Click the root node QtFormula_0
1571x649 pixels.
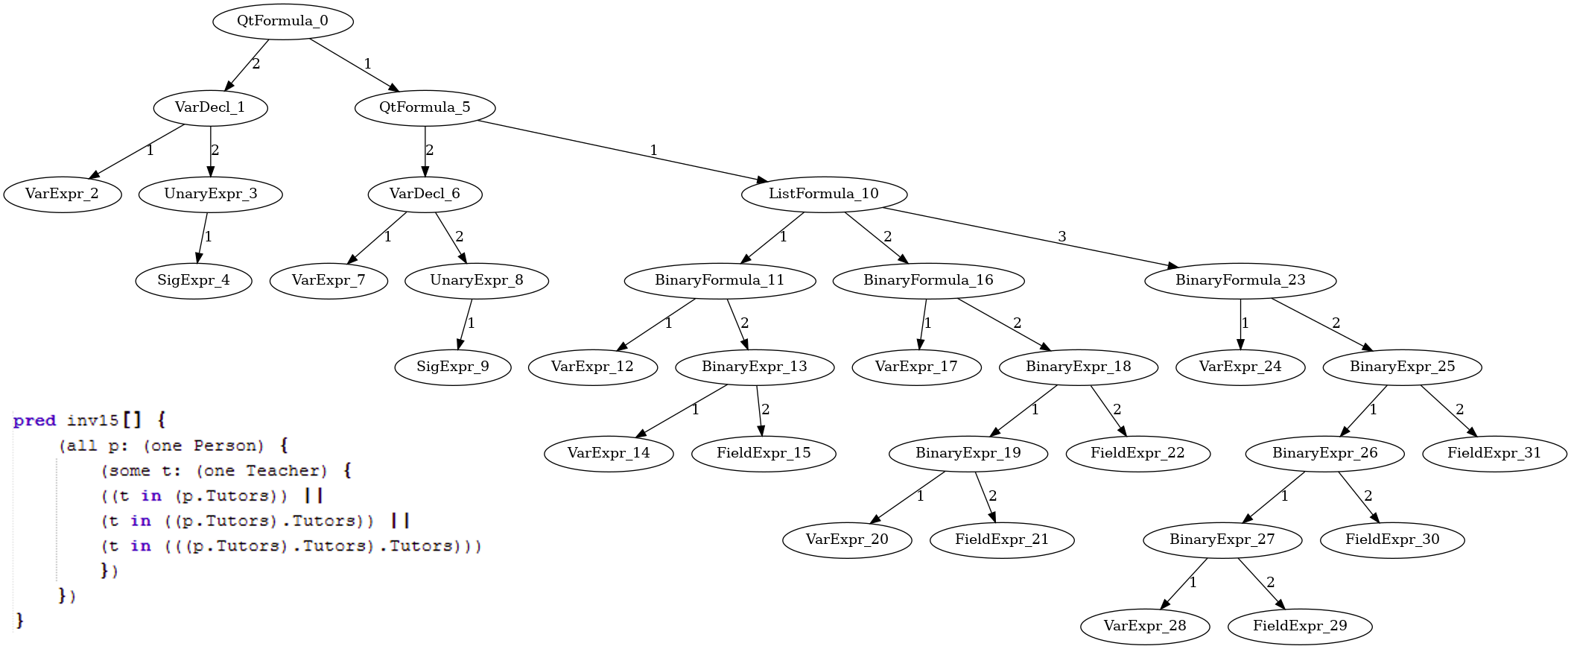pyautogui.click(x=282, y=21)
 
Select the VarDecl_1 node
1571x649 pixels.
pyautogui.click(x=210, y=107)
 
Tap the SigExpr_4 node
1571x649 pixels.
pyautogui.click(x=194, y=280)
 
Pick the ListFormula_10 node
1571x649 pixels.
pyautogui.click(x=824, y=194)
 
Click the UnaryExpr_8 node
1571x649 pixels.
pyautogui.click(x=477, y=280)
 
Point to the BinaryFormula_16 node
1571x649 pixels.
pyautogui.click(x=928, y=280)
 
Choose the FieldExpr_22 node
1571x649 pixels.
pyautogui.click(x=1137, y=453)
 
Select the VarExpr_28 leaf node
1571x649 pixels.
pyautogui.click(x=1145, y=626)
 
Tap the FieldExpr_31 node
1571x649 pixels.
pyautogui.click(x=1494, y=453)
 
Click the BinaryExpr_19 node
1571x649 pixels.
pyautogui.click(x=968, y=453)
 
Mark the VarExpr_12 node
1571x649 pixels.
pyautogui.click(x=592, y=367)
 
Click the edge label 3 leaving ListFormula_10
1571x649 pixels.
pyautogui.click(x=1061, y=237)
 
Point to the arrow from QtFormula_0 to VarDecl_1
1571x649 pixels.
pyautogui.click(x=246, y=65)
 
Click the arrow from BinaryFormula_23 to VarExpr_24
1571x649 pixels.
pyautogui.click(x=1240, y=323)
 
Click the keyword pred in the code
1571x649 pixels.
pyautogui.click(x=34, y=421)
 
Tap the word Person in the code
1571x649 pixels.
pyautogui.click(x=228, y=446)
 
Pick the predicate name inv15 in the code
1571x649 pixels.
pyautogui.click(x=92, y=421)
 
